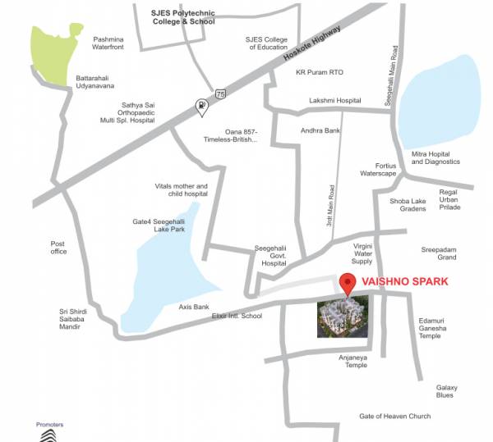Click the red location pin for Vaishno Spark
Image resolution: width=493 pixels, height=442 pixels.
coord(348,284)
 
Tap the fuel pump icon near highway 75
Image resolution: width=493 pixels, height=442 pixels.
coord(200,107)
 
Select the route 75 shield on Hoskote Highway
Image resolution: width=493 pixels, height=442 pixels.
coord(219,94)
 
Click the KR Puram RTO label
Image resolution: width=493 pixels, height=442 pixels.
coord(320,72)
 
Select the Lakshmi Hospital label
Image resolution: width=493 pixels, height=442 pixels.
coord(334,100)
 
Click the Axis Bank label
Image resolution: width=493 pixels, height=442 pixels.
coord(196,307)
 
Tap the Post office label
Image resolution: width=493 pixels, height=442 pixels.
coord(58,247)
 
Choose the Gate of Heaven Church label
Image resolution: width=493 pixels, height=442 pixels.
coord(394,417)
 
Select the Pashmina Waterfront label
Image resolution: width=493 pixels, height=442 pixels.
coord(113,43)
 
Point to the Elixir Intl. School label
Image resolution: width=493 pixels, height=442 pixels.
coord(237,316)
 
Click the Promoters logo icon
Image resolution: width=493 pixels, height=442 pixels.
coord(50,435)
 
